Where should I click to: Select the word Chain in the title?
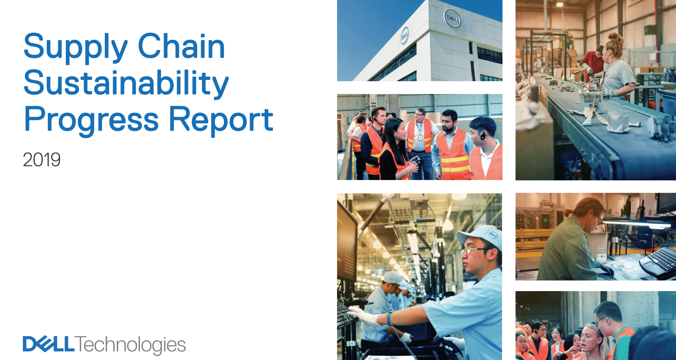pyautogui.click(x=181, y=47)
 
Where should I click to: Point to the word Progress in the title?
pyautogui.click(x=91, y=119)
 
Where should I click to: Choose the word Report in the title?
pyautogui.click(x=221, y=119)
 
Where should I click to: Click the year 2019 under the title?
pyautogui.click(x=42, y=160)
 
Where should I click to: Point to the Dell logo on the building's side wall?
pyautogui.click(x=404, y=36)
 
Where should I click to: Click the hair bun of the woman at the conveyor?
pyautogui.click(x=616, y=39)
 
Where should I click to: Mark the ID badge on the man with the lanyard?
pyautogui.click(x=420, y=138)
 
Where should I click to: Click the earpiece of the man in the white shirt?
pyautogui.click(x=482, y=136)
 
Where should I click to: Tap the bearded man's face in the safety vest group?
pyautogui.click(x=449, y=123)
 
